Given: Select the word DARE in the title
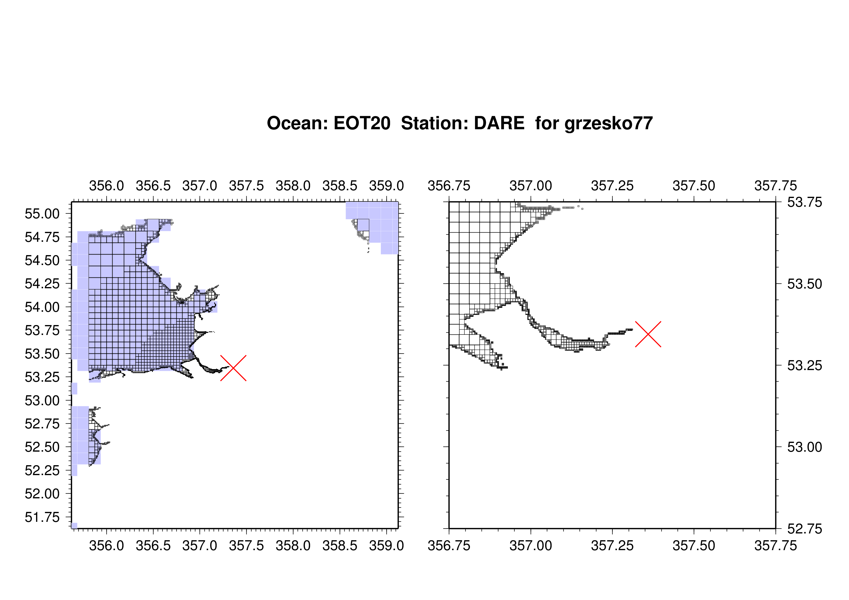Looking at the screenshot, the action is (499, 123).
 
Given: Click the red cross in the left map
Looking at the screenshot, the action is (233, 368).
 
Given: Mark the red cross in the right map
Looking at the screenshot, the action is (648, 334).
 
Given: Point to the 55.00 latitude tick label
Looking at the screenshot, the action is (42, 214).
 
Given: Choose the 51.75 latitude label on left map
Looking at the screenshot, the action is (42, 517).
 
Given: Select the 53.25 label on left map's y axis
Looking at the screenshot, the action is (42, 377).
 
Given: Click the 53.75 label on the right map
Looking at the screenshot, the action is (805, 202).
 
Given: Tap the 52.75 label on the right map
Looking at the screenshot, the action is (805, 529).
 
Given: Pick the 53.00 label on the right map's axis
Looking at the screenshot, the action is (805, 447).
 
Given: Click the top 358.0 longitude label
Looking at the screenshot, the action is (293, 186).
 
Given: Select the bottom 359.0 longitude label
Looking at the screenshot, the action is (387, 545).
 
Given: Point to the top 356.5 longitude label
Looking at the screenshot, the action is (153, 186).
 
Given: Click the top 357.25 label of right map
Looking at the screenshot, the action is (612, 186).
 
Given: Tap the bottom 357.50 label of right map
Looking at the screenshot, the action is (694, 545).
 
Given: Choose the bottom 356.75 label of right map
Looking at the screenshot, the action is (449, 545).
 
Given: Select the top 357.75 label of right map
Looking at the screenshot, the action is (775, 186).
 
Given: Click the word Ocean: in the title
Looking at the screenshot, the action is (298, 123).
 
